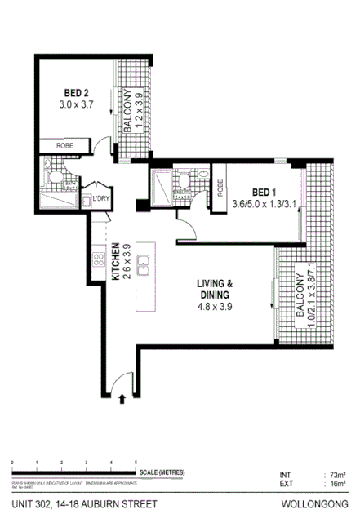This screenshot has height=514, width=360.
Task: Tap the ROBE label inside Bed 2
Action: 66,145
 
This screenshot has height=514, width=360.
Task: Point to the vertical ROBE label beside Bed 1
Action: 220,189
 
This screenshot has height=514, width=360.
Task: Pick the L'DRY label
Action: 101,198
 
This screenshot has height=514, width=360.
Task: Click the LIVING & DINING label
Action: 215,290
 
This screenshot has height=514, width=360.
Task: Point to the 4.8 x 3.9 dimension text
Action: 215,308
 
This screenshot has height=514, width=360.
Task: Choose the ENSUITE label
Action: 183,190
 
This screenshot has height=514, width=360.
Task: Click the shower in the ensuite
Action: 160,186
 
